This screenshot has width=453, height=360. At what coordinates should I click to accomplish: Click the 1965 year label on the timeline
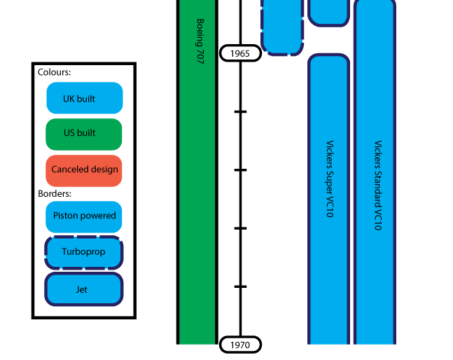click(x=240, y=53)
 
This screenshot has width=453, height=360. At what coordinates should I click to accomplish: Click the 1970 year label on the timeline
click(x=240, y=345)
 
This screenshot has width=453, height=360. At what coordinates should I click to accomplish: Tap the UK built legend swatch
click(x=84, y=98)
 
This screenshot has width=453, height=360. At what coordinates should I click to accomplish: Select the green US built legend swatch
click(x=84, y=134)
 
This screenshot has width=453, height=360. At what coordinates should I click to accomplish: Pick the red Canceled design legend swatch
click(x=84, y=169)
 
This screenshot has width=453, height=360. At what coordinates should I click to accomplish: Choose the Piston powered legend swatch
click(x=84, y=216)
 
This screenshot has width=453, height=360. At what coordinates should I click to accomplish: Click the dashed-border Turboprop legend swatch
click(x=84, y=253)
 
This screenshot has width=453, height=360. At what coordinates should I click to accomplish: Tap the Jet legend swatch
click(x=84, y=289)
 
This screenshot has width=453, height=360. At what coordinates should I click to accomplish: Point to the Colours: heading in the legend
click(x=55, y=72)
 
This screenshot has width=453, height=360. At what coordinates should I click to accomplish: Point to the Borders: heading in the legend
click(x=55, y=193)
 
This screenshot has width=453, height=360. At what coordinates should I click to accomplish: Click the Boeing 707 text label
click(x=200, y=42)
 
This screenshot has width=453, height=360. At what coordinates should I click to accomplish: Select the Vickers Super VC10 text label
click(x=329, y=179)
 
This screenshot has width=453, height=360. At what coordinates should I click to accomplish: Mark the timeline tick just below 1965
click(x=240, y=111)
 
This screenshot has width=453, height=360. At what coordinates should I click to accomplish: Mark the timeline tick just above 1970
click(x=240, y=286)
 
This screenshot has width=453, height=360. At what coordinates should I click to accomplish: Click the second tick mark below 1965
click(x=240, y=170)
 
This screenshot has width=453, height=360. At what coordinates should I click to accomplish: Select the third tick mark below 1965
click(x=240, y=228)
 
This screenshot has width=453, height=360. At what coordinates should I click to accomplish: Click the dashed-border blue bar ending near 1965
click(x=282, y=28)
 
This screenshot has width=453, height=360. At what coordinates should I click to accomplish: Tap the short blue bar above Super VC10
click(x=328, y=11)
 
